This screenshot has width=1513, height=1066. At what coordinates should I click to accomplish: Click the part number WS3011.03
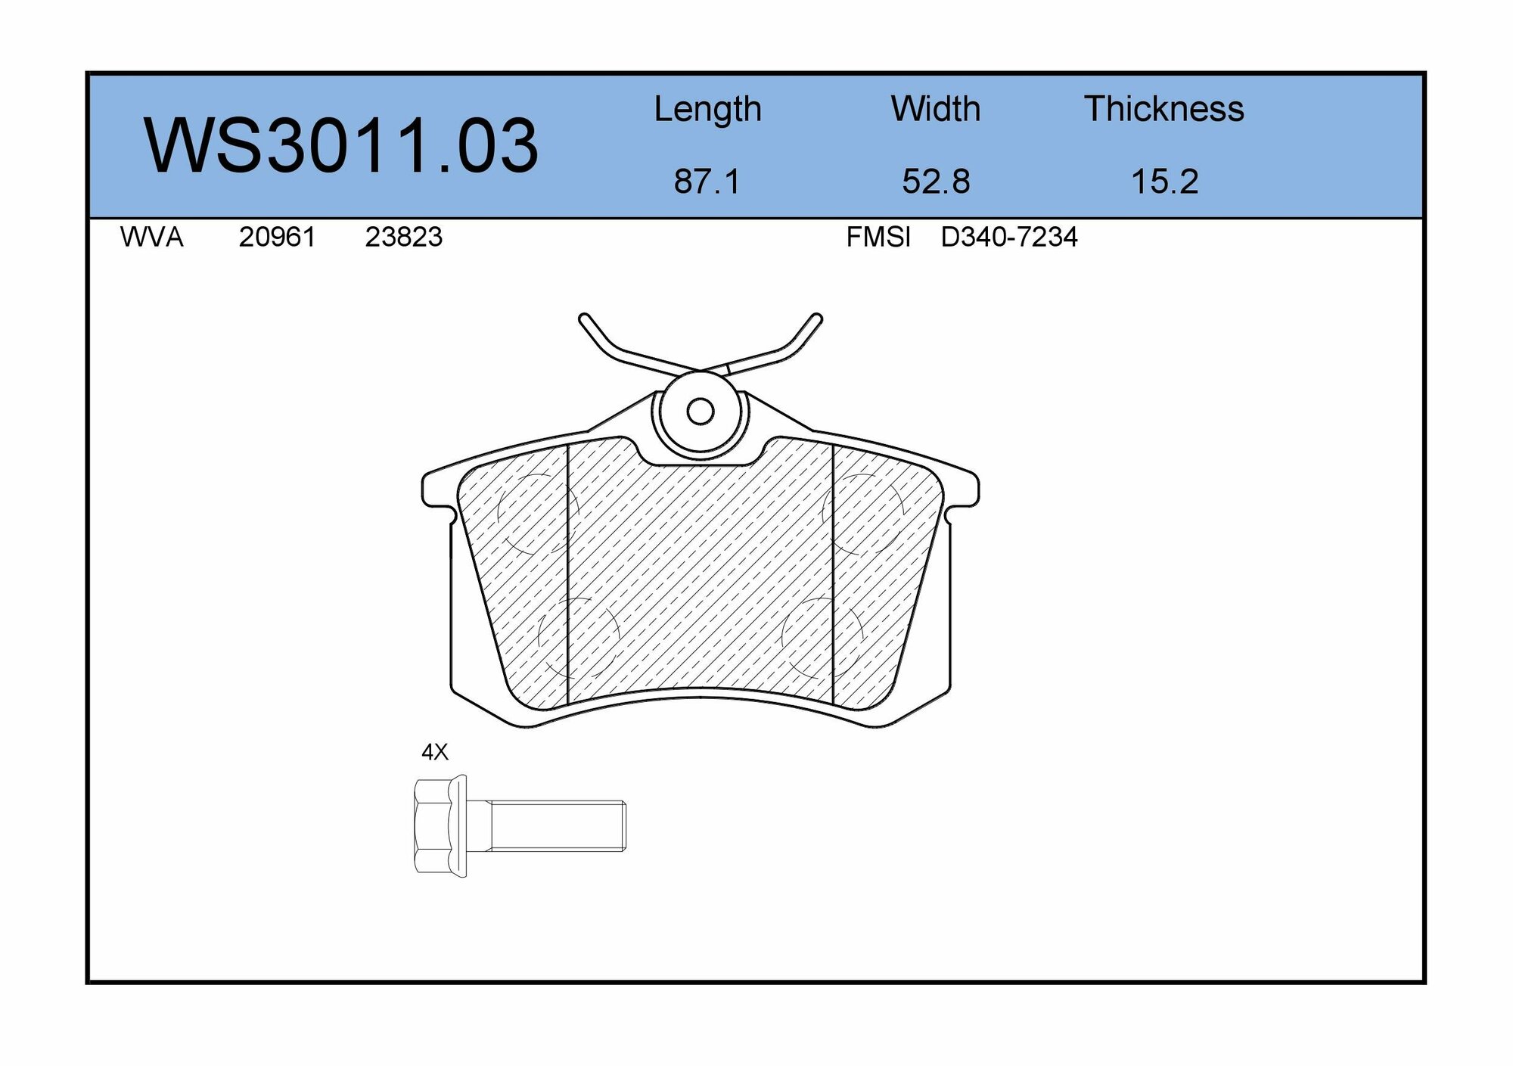tap(341, 145)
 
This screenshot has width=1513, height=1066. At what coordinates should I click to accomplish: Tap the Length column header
tap(707, 110)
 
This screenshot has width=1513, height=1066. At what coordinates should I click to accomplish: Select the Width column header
tap(936, 109)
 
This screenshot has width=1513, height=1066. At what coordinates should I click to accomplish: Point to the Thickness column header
tap(1164, 109)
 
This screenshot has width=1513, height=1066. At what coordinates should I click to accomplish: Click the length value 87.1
tap(707, 182)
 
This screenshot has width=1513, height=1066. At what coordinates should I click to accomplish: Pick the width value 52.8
tap(936, 182)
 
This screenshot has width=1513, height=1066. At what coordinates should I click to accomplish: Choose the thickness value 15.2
tap(1164, 182)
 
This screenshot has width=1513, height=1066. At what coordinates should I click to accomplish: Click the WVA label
tap(151, 238)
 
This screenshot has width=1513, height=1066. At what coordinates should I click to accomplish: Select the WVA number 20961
tap(277, 238)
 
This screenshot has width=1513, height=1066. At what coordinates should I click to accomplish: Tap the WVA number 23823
tap(403, 238)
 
